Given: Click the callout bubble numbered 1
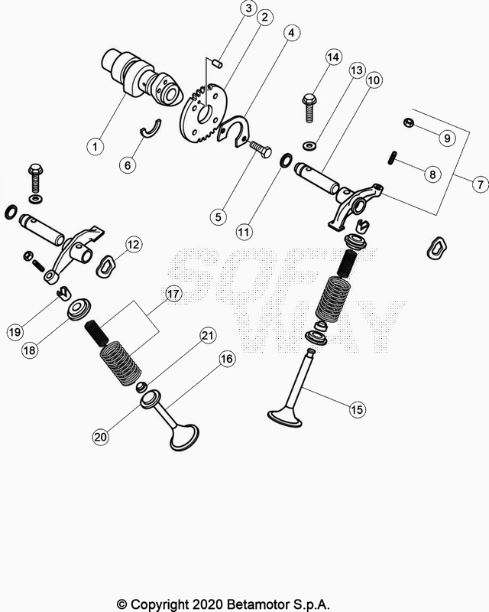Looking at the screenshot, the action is pos(96,147).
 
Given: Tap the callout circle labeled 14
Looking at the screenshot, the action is pos(332,57).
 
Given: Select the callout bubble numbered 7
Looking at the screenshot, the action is pos(480,184).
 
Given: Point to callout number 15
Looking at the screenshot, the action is pos(357,409).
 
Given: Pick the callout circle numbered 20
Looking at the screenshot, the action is pos(101,436).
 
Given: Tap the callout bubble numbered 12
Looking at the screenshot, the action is pos(133,244).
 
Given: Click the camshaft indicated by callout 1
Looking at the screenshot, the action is pos(141,79).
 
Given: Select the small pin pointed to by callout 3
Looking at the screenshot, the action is pos(217,63).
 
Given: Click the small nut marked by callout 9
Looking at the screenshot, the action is pos(408,122).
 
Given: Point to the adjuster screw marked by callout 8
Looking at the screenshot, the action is pos(393,158).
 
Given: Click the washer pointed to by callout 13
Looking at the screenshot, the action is pos(309,146).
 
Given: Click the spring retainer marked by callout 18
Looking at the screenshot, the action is pos(79,309).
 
